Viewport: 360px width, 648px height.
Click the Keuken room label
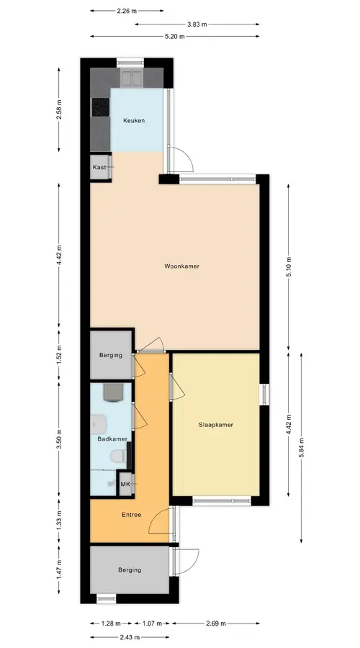point(134,121)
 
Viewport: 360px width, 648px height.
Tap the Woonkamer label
point(182,266)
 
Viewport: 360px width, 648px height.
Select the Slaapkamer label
point(216,424)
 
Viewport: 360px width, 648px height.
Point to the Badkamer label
point(112,439)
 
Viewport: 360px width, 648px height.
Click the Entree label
point(132,515)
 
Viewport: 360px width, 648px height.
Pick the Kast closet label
point(99,167)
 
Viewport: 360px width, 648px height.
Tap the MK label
point(125,484)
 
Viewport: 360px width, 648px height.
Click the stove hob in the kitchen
point(100,107)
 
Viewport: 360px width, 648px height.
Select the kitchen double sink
point(132,78)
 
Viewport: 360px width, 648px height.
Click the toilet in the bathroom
point(118,456)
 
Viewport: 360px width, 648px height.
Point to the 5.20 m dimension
point(175,37)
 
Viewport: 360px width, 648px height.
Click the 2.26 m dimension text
point(127,11)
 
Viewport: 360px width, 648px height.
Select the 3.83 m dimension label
point(197,24)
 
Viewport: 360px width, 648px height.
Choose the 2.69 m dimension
point(216,624)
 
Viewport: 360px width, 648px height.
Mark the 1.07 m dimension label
point(152,624)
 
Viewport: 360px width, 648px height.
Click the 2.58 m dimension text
point(59,109)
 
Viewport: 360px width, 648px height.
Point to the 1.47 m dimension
point(59,569)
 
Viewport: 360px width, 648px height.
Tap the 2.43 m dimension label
point(130,637)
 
